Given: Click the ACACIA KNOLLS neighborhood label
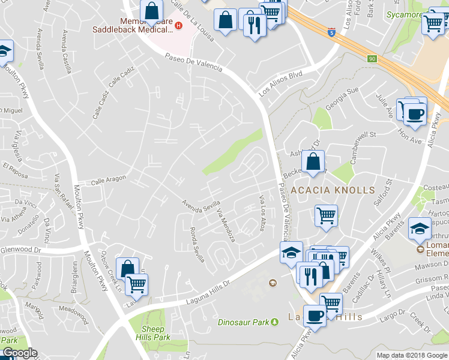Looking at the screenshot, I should point(333,190).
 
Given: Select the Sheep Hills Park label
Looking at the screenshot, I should point(152,333).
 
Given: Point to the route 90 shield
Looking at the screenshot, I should point(372,58).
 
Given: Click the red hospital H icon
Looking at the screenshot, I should point(178,25).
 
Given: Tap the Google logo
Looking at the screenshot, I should point(19,353).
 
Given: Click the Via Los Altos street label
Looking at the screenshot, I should point(262,212).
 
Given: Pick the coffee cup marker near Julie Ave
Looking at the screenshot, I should point(414,113).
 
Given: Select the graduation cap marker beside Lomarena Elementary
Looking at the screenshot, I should point(420,227).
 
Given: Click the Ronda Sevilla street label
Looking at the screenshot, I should point(197,244).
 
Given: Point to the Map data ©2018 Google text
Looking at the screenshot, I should point(411,355).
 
